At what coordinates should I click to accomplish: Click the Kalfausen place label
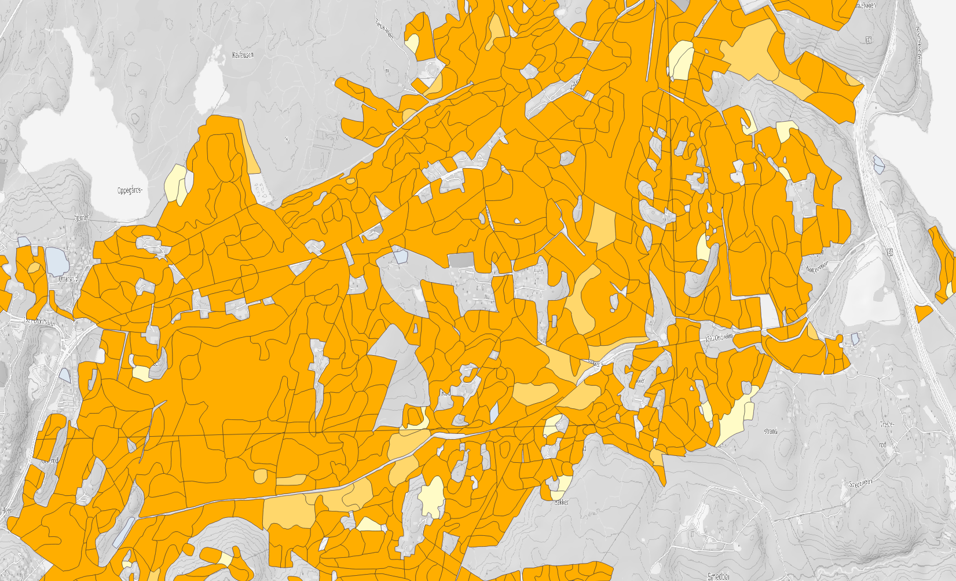click(243, 55)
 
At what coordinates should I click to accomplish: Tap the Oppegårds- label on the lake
click(130, 190)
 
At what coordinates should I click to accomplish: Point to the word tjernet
click(82, 218)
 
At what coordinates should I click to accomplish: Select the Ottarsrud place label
click(68, 279)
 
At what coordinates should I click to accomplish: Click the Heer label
click(7, 510)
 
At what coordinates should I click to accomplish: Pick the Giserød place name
click(50, 461)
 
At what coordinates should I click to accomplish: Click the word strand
click(770, 431)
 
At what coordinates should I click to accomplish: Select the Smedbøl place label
click(718, 576)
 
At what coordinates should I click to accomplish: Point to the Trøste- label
click(887, 425)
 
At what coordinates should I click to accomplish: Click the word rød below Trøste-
click(882, 445)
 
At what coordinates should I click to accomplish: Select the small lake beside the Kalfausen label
click(209, 87)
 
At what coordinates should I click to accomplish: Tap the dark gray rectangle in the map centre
click(461, 260)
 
